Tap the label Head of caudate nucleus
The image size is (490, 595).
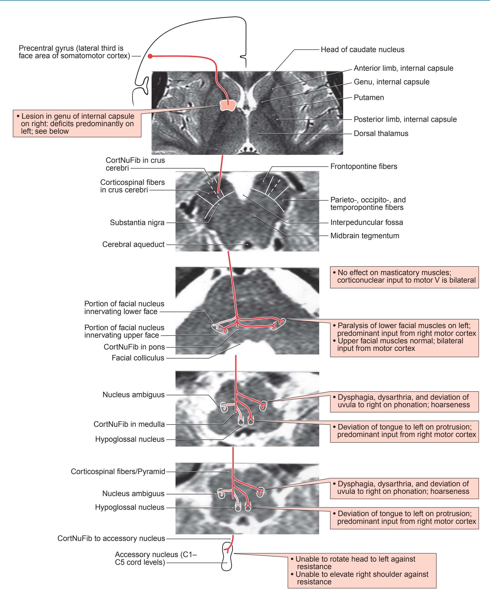362,50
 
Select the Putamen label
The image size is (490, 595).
369,98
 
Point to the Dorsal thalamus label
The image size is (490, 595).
381,133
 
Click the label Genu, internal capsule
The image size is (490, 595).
391,82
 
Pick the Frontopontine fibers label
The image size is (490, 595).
364,166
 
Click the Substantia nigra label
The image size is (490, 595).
137,223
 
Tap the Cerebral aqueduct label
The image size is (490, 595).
133,244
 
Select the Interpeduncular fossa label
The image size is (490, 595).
366,222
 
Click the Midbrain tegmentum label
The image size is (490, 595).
365,236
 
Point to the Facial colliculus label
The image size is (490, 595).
138,358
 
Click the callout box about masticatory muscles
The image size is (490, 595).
404,277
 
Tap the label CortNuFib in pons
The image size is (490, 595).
134,347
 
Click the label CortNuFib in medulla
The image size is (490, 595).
129,424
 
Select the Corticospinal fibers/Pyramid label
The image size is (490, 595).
118,472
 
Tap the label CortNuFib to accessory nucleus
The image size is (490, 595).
111,538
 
